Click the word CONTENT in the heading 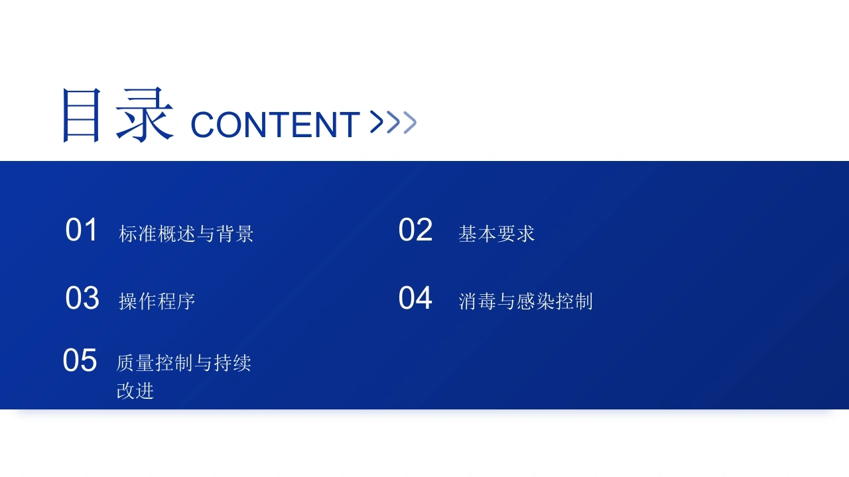275,125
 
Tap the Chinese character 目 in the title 82,115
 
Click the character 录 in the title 145,115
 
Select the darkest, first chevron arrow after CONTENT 376,122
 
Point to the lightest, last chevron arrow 410,123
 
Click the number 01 82,230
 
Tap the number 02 415,230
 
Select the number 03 82,298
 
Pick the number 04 415,298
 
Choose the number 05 80,360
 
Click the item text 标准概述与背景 186,234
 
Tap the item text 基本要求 497,234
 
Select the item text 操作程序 157,301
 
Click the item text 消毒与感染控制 526,301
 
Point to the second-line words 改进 135,391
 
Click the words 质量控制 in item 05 155,362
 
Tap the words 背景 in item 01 235,234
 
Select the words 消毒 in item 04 477,301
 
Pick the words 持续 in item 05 232,362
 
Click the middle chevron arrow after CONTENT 393,123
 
